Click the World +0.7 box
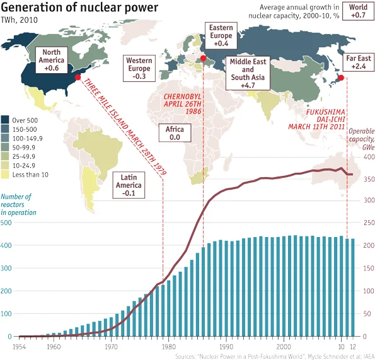(x=358, y=11)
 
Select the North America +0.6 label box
(x=52, y=60)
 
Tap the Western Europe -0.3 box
(x=139, y=68)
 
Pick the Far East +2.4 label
(x=358, y=62)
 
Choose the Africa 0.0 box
(x=175, y=133)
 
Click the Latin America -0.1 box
(x=129, y=185)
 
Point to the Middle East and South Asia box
(x=248, y=73)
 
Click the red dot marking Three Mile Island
(x=78, y=78)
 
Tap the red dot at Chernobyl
(x=203, y=58)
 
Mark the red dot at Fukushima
(x=341, y=78)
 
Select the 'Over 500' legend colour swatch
(x=5, y=120)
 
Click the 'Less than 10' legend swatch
(x=5, y=175)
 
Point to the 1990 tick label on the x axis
(x=226, y=347)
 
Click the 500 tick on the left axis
(x=6, y=223)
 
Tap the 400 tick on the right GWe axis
(x=369, y=157)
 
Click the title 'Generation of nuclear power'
(x=79, y=7)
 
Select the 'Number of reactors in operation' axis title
(x=18, y=204)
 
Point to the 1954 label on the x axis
(x=19, y=347)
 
